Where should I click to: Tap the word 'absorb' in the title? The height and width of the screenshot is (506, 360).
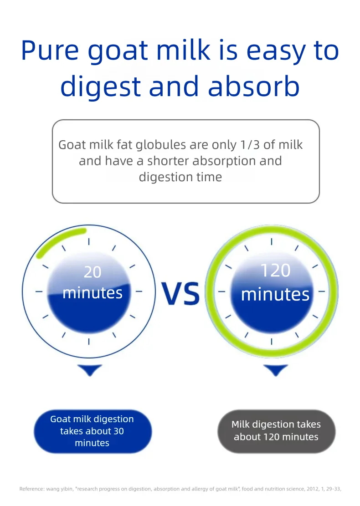tap(254, 86)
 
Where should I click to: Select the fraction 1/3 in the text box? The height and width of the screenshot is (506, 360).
tap(250, 144)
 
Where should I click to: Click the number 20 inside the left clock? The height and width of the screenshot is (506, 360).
tap(93, 272)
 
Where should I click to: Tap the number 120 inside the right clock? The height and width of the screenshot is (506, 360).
tap(275, 271)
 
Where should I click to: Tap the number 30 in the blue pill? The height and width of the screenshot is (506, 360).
tap(118, 431)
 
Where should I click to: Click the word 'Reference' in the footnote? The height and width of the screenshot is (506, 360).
tap(31, 489)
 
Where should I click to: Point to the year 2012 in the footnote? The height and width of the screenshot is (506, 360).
tap(313, 489)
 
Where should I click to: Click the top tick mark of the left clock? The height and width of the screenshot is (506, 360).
tap(89, 242)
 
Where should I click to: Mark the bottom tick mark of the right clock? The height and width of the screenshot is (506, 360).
tap(272, 342)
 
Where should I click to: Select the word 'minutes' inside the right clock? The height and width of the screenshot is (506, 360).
tap(275, 295)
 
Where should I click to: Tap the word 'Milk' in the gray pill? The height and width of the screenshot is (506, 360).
tap(241, 424)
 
